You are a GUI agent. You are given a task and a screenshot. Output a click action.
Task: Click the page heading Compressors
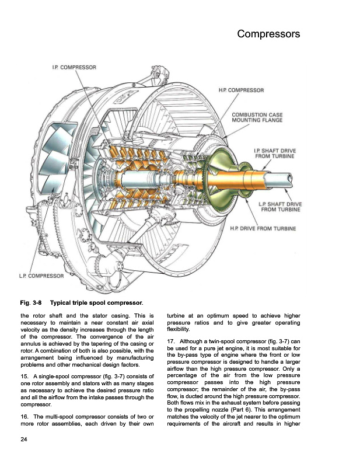pyautogui.click(x=268, y=34)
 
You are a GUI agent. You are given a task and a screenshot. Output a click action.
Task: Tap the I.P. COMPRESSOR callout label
pyautogui.click(x=74, y=68)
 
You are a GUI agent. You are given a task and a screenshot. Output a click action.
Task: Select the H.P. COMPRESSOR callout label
pyautogui.click(x=241, y=90)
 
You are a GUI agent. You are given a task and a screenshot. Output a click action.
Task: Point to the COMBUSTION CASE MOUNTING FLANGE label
pyautogui.click(x=257, y=117)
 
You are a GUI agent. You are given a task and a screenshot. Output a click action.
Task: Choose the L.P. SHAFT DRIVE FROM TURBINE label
pyautogui.click(x=279, y=206)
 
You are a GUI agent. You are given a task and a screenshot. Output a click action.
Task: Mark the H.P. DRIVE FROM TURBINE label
pyautogui.click(x=263, y=228)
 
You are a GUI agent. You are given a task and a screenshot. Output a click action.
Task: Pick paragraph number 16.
pyautogui.click(x=23, y=416)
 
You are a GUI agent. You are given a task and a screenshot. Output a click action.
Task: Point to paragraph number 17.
pyautogui.click(x=170, y=341)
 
